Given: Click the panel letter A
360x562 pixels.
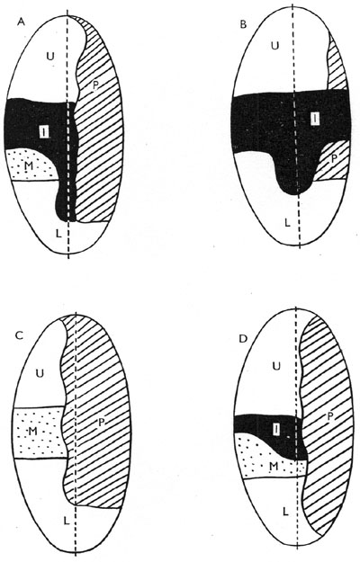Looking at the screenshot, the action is tap(22, 22).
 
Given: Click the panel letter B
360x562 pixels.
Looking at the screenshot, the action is tap(243, 24).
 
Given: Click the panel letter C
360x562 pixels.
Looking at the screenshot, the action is tap(20, 335).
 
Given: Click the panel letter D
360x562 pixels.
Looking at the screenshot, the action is tap(243, 339).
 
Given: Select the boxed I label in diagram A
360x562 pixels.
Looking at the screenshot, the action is tap(44, 132).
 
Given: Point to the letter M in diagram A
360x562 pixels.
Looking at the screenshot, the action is tap(28, 166).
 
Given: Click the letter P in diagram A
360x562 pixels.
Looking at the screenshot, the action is tap(95, 85).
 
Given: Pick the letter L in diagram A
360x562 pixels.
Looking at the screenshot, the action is tap(58, 234).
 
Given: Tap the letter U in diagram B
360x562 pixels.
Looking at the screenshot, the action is tap(274, 46).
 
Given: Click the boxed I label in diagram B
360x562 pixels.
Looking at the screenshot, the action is tap(315, 118).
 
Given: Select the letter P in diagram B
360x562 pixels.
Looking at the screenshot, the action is tap(333, 159).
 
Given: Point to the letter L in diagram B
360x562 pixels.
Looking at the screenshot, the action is tap(287, 223).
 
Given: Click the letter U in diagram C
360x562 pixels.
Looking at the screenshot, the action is tap(40, 373).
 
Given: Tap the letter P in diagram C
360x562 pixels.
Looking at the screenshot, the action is tap(102, 423).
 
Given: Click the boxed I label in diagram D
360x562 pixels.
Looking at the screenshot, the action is tap(275, 430).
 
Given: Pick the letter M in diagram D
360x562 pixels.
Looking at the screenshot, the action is tap(274, 466).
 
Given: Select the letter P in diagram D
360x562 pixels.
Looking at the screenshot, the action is tap(330, 416).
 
